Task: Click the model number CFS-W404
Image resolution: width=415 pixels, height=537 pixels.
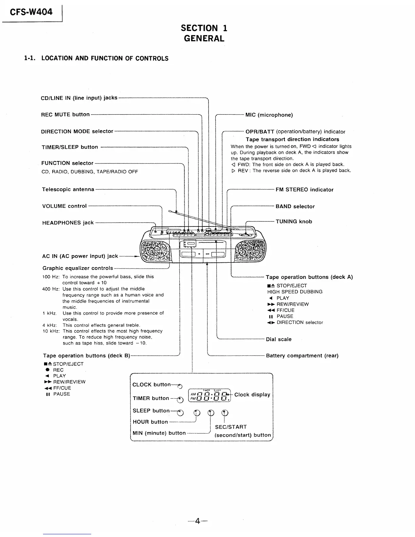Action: tap(31, 12)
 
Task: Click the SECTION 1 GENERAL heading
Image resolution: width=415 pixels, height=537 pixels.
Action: tap(204, 33)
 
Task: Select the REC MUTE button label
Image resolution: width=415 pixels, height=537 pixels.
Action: tap(65, 115)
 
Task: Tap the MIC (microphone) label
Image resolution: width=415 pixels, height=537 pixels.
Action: tap(269, 115)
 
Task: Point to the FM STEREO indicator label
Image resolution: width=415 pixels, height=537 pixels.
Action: tap(304, 190)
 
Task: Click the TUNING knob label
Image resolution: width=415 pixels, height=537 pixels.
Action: tap(294, 222)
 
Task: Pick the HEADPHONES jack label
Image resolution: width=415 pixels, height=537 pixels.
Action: tap(68, 223)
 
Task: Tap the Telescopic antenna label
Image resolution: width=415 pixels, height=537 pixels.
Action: tap(68, 189)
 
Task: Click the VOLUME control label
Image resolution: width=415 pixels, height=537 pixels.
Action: tap(64, 206)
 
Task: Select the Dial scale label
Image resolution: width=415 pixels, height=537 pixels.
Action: tap(279, 339)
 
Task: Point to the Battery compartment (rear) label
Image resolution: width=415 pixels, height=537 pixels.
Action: tap(302, 356)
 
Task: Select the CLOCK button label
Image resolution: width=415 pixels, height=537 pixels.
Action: tap(152, 384)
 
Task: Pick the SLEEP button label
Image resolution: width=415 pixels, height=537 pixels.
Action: tap(151, 411)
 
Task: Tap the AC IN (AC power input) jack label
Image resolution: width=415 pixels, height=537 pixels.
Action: tap(80, 256)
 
